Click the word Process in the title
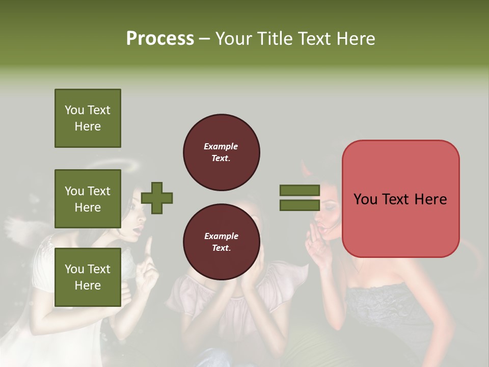point(160,39)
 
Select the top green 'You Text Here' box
point(88,118)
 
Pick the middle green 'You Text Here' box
point(88,199)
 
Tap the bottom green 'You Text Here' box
point(88,277)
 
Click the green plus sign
point(157,198)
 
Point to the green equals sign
point(300,198)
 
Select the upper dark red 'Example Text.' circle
point(221,152)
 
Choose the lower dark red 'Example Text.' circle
point(221,242)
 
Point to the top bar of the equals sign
point(300,190)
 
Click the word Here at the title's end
point(356,39)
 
